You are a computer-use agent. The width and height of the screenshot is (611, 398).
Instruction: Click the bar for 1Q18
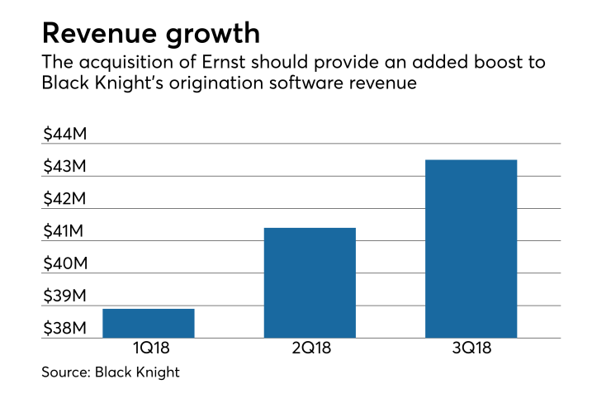click(149, 323)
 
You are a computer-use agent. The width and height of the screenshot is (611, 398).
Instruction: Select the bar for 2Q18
click(310, 282)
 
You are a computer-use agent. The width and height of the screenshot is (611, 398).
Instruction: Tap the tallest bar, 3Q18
click(471, 249)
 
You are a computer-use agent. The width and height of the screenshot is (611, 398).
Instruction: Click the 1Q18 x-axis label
click(149, 348)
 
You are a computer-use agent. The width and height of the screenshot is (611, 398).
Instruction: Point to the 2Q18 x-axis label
click(310, 348)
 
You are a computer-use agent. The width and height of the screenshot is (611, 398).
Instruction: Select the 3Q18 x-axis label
click(471, 348)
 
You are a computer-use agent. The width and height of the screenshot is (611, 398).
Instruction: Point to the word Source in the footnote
click(64, 372)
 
